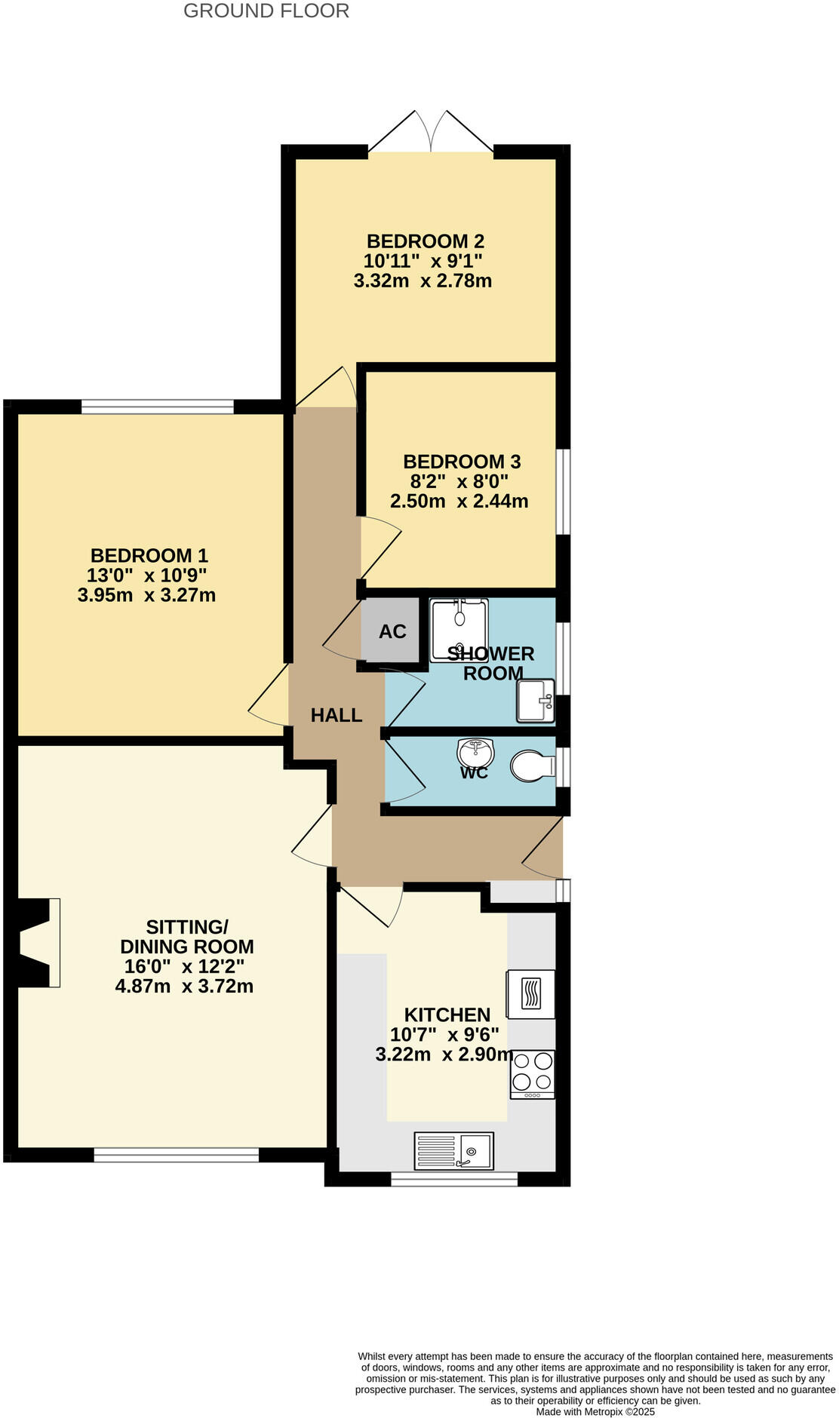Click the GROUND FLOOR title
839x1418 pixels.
[266, 11]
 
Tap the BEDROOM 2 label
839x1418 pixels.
[426, 241]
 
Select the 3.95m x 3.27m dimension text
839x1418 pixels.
[146, 595]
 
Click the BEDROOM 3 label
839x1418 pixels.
[462, 462]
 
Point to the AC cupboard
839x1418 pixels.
[392, 631]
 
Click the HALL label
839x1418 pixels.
[337, 715]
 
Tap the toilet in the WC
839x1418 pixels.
[533, 766]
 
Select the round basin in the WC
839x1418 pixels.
[475, 752]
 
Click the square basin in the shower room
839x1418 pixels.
[536, 701]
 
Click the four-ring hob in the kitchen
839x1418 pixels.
[532, 1074]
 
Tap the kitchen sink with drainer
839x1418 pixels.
[453, 1151]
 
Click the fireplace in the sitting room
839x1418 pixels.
[38, 942]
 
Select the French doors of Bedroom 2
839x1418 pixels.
[431, 136]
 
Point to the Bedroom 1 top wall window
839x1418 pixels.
[158, 407]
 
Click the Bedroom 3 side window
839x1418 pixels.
[563, 492]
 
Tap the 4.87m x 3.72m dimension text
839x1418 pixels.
[184, 986]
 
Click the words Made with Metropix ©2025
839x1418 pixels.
[595, 1411]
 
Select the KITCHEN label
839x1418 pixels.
[447, 1014]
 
